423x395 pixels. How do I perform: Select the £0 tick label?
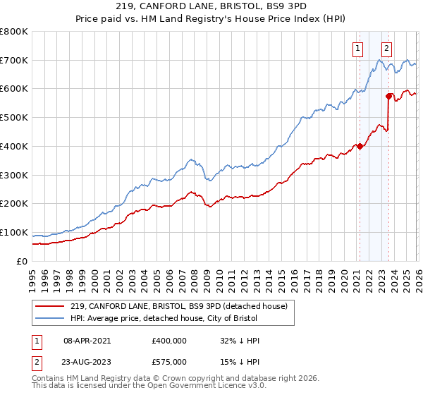[x=22, y=262]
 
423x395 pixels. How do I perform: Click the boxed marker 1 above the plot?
[x=358, y=49]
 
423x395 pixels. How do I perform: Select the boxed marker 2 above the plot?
[x=387, y=49]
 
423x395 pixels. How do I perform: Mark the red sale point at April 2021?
[x=360, y=147]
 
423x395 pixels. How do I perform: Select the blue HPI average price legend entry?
[x=172, y=318]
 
